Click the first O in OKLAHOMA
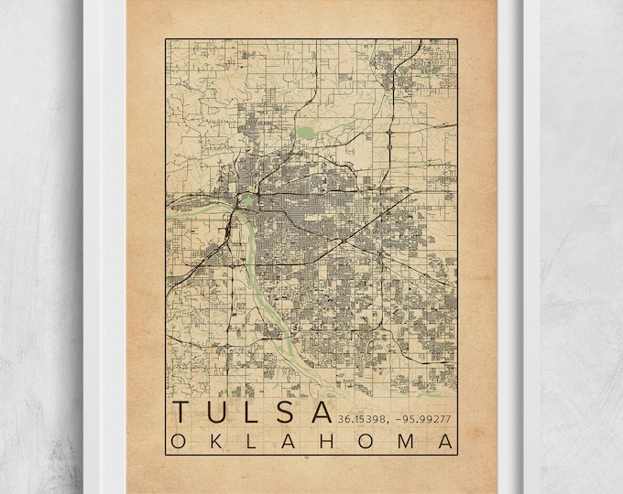178,442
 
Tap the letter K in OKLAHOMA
216,442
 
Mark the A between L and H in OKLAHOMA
290,442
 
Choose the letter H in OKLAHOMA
328,442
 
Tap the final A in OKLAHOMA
446,442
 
